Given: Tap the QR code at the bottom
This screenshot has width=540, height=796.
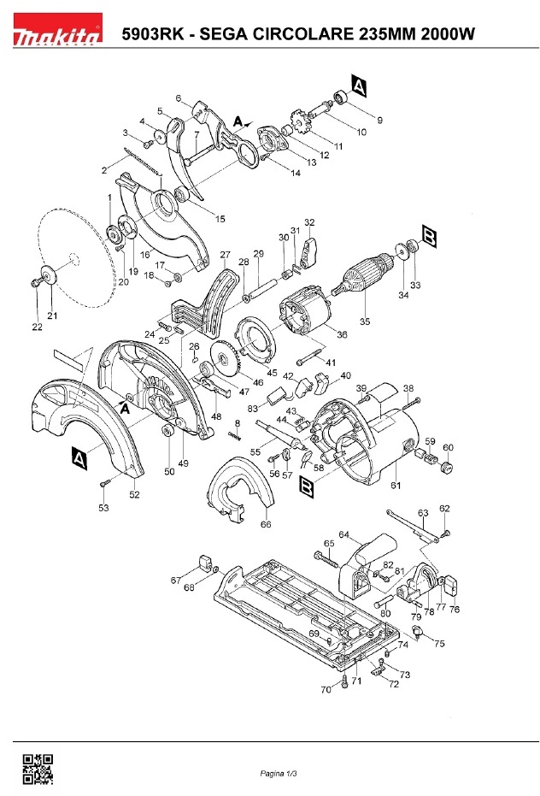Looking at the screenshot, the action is pos(38,769).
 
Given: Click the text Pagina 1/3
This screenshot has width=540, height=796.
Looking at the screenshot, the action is pos(279,774).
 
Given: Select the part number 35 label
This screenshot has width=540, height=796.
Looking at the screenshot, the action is pos(365,321).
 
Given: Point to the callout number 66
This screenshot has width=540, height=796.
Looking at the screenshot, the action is pos(266,524).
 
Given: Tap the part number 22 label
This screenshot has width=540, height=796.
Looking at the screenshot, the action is pos(37,327).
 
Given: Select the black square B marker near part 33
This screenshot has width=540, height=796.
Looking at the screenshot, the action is pos(429,237).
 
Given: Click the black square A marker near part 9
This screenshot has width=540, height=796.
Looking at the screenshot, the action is pos(358,85).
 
